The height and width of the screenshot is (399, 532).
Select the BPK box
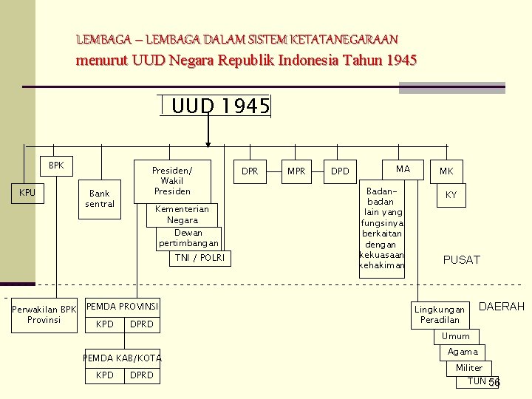coord(56,166)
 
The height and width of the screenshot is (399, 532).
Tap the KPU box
coord(27,193)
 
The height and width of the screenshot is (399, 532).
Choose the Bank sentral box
coord(99,199)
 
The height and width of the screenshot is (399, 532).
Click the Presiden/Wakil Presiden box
coord(171,180)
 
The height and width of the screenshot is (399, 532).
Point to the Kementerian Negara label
coord(182,214)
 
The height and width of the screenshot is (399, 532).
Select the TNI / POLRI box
coord(200,258)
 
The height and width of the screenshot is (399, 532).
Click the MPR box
coord(296,171)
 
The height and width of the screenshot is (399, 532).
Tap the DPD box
coord(340,171)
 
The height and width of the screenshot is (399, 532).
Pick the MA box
coord(402,169)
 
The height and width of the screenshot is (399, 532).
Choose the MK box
coord(446,171)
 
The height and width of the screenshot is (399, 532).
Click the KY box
coord(450,195)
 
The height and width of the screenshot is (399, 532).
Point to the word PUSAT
coord(461,259)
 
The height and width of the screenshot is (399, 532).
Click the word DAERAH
coord(502,306)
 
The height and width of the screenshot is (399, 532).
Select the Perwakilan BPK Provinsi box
coord(44,314)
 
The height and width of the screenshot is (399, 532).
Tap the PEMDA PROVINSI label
coord(123,306)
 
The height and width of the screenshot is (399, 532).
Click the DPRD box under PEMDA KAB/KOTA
coord(141,375)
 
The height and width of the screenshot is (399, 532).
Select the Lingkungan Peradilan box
coord(440,314)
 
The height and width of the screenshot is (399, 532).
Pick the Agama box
coord(463,352)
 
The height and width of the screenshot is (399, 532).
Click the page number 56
coord(494,382)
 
